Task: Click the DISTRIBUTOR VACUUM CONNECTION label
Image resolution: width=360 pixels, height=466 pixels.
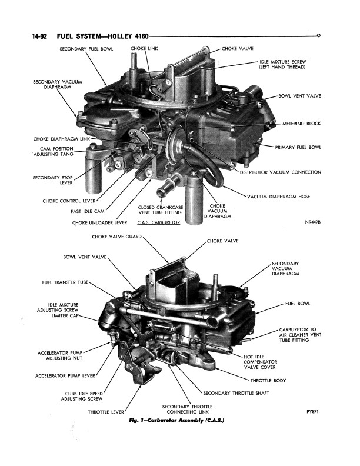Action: (x=280, y=172)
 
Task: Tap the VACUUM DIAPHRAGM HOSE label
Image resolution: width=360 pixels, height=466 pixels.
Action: (x=278, y=196)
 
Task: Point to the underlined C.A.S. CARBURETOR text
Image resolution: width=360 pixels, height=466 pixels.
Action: (x=158, y=222)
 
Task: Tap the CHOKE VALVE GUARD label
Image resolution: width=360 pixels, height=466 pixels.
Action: (x=117, y=237)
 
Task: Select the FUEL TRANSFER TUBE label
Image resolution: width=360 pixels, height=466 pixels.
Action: (x=65, y=282)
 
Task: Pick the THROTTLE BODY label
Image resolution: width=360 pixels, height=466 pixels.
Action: (x=268, y=381)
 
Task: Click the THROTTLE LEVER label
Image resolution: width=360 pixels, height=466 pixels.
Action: (x=106, y=412)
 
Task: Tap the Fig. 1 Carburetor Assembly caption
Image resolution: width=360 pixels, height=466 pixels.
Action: (x=177, y=421)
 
